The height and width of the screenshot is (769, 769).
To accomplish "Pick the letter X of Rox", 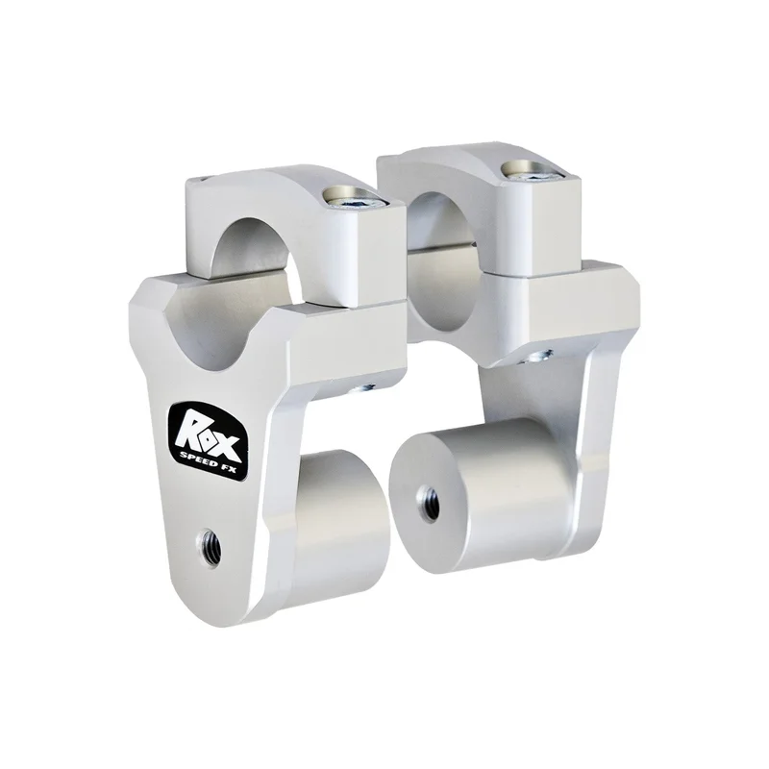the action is coord(228,443).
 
